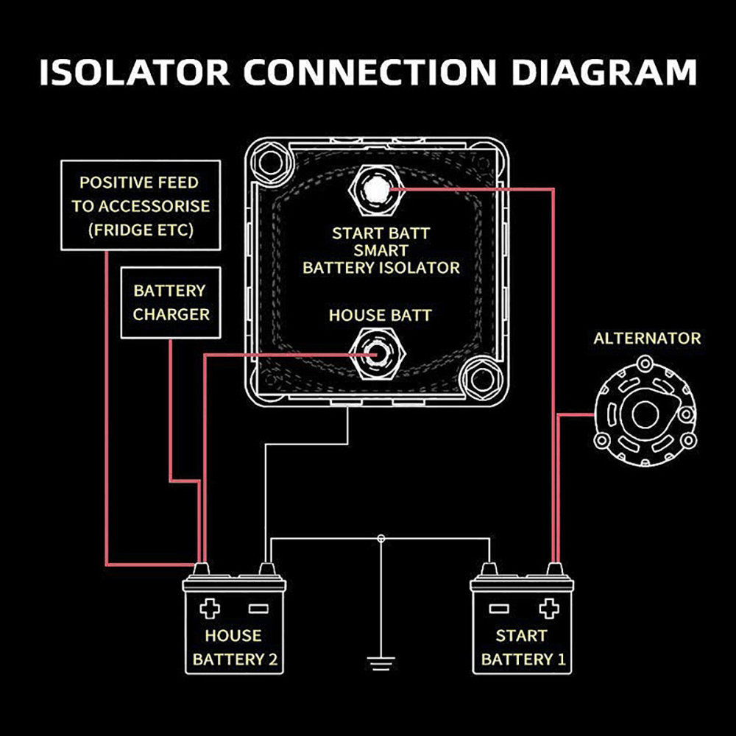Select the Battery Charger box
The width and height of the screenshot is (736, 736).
171,302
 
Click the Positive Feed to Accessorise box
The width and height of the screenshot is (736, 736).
140,205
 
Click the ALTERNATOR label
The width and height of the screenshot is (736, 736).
647,339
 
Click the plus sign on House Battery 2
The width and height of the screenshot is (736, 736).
210,608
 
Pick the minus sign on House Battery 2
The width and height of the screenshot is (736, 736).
258,608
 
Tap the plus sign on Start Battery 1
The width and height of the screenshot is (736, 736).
546,608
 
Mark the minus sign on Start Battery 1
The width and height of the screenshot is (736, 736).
499,608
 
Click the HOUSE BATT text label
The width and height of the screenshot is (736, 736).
380,315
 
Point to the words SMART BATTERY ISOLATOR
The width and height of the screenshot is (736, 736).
381,258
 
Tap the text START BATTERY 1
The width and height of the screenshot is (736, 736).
523,647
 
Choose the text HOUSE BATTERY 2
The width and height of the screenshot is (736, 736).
234,647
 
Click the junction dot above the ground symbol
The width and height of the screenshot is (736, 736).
381,539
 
